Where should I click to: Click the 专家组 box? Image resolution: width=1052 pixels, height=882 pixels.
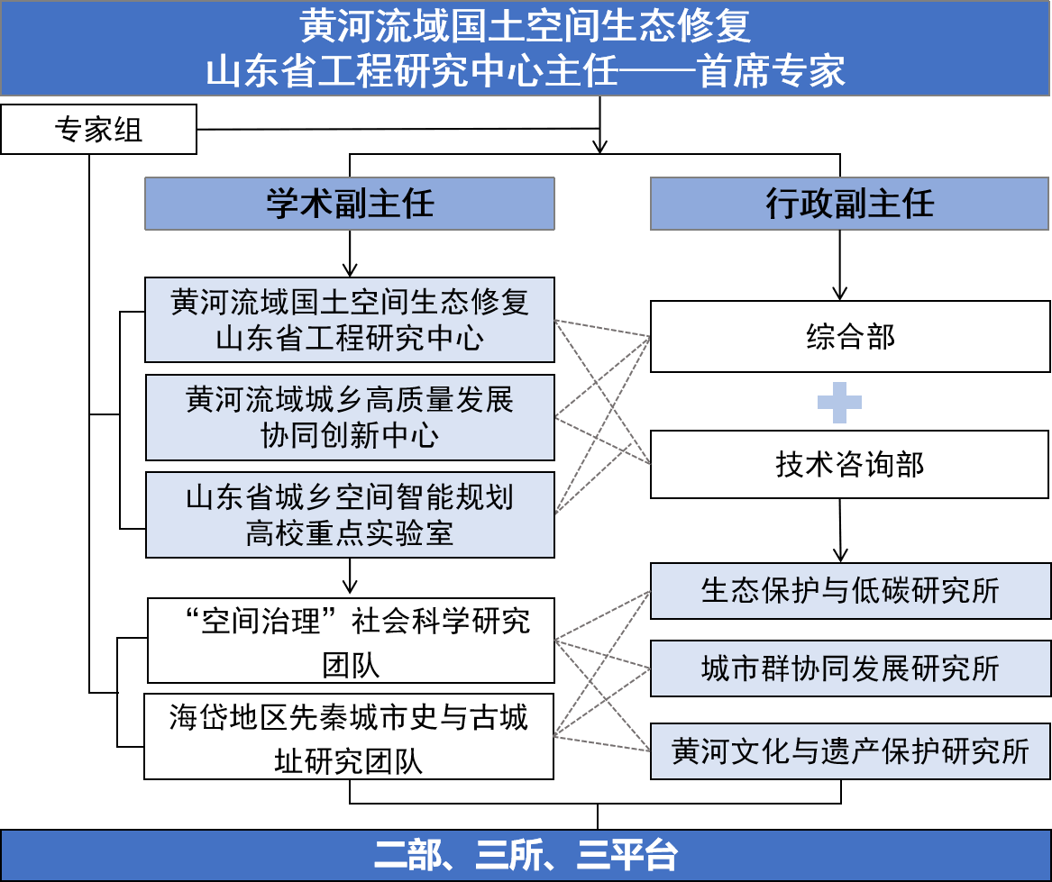click(x=98, y=129)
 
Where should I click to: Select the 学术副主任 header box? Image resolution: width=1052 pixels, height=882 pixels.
click(x=350, y=204)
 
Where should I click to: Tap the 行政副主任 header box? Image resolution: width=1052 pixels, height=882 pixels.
click(x=849, y=204)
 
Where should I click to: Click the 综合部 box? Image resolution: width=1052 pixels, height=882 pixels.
click(x=850, y=336)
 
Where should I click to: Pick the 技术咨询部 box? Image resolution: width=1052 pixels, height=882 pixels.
click(x=849, y=464)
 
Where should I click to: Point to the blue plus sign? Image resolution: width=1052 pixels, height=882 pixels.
click(x=839, y=403)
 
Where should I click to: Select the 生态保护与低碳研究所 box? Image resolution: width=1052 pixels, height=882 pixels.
click(x=850, y=590)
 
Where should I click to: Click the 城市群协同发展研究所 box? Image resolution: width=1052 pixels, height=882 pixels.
click(x=850, y=668)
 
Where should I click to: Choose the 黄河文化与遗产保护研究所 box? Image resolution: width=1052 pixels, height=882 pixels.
click(x=850, y=751)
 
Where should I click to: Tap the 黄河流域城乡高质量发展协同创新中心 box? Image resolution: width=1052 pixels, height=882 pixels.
click(x=350, y=417)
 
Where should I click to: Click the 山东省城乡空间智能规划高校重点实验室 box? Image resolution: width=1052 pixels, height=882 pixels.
click(x=350, y=515)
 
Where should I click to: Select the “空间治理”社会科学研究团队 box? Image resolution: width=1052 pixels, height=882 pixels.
click(x=351, y=641)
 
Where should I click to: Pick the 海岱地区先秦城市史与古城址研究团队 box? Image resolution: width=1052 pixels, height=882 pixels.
click(x=349, y=736)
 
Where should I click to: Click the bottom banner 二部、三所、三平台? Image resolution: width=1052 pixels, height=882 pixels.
click(x=526, y=855)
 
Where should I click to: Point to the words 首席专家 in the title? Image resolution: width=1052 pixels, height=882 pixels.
click(x=771, y=71)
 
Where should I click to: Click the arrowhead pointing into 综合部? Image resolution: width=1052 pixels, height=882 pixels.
click(x=839, y=294)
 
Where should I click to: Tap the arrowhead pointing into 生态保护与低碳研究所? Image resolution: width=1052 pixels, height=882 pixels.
click(x=840, y=556)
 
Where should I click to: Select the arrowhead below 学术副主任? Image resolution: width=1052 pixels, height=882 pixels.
click(x=350, y=270)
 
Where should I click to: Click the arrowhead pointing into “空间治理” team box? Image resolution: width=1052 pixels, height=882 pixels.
click(x=350, y=586)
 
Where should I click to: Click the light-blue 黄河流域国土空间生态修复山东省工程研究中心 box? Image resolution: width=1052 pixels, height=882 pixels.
click(x=350, y=320)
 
